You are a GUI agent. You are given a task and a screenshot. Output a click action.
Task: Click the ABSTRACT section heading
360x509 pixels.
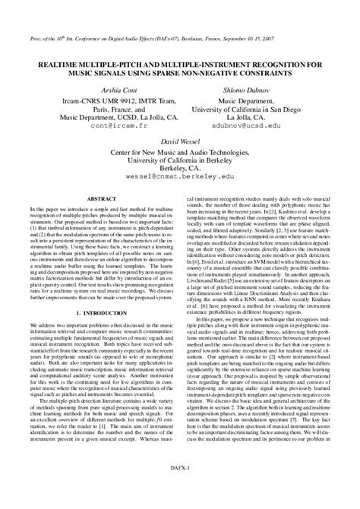(102, 198)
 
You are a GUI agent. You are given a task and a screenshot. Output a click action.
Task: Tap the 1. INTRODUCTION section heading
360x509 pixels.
(102, 312)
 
